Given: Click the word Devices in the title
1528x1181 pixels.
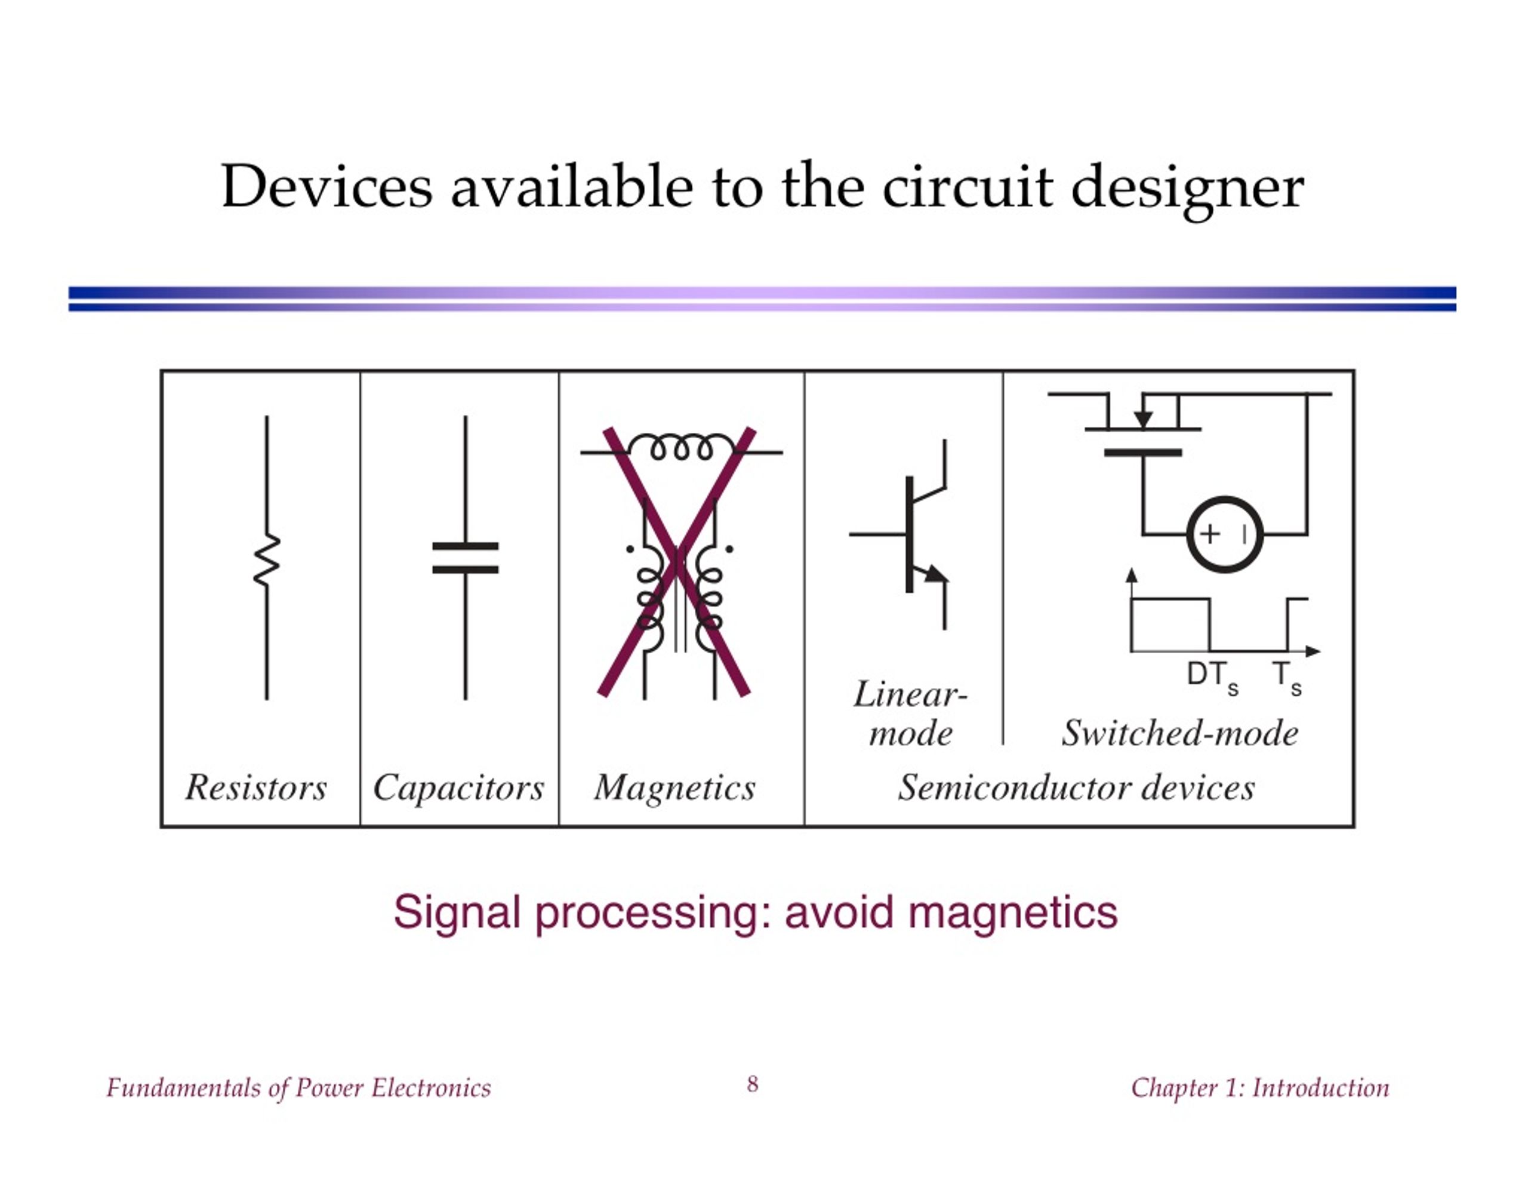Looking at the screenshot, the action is pyautogui.click(x=326, y=187).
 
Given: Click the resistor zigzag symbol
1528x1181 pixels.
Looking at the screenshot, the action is pyautogui.click(x=267, y=559).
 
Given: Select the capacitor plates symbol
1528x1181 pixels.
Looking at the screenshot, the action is pyautogui.click(x=465, y=558).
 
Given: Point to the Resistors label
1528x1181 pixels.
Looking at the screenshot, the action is pyautogui.click(x=256, y=788).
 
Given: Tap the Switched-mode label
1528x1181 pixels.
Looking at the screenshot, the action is pyautogui.click(x=1179, y=733).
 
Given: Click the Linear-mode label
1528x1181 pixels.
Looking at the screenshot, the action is pyautogui.click(x=910, y=713).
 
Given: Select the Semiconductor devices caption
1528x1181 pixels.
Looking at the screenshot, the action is pyautogui.click(x=1076, y=788).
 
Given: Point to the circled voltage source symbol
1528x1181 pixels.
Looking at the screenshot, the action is pyautogui.click(x=1225, y=534).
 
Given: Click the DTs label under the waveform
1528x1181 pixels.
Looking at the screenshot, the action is pyautogui.click(x=1212, y=678).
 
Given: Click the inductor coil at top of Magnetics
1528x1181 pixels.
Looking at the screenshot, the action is pyautogui.click(x=682, y=447).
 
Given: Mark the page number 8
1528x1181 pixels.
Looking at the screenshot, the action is pyautogui.click(x=752, y=1084).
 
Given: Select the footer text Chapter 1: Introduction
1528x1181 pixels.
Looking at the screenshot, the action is pyautogui.click(x=1260, y=1088).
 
